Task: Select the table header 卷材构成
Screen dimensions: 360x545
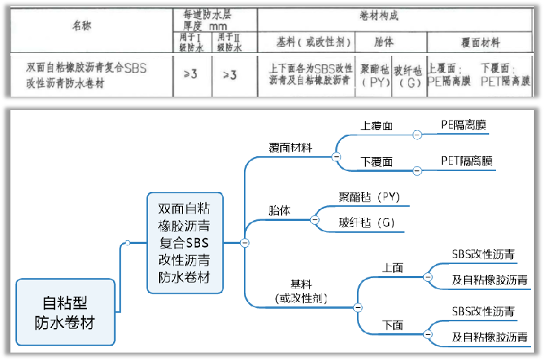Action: click(396, 16)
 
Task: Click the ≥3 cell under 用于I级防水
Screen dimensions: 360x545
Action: click(190, 74)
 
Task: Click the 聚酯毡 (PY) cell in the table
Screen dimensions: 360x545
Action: click(375, 75)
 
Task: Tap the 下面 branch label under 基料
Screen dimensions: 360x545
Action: click(393, 325)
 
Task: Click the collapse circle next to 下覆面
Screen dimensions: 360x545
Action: click(417, 170)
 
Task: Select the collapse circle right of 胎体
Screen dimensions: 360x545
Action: click(314, 220)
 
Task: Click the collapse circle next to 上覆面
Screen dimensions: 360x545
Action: click(417, 135)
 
